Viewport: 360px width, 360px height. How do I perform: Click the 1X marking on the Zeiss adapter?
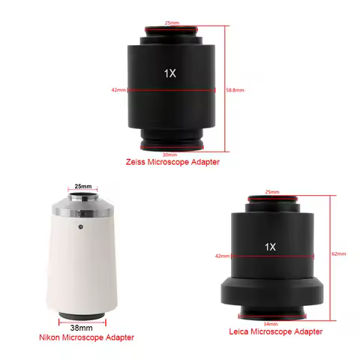[170, 73]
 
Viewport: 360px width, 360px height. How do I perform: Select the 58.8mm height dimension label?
[235, 90]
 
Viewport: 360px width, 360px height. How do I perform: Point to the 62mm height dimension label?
[339, 254]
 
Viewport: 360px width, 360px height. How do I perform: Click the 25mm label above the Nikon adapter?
[83, 187]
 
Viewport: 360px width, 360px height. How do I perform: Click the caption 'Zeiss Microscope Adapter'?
[174, 162]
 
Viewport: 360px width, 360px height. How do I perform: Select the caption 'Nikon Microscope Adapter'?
[86, 338]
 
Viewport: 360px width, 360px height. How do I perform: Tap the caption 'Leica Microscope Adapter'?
[275, 331]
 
